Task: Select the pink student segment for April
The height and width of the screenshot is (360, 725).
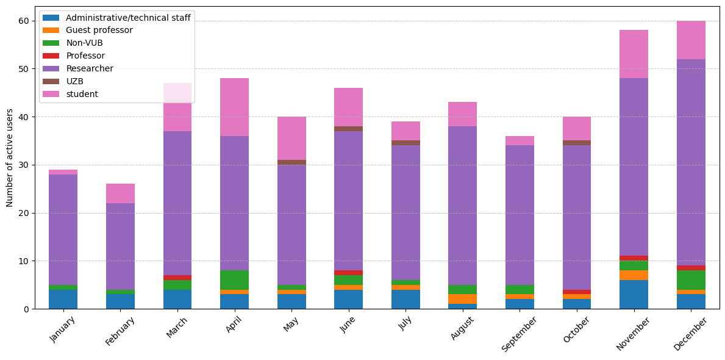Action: tap(234, 107)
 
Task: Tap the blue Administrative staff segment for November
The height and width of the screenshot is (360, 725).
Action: tap(634, 295)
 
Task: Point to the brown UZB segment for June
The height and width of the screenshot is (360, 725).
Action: tap(348, 129)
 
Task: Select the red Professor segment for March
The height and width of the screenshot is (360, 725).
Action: tap(177, 278)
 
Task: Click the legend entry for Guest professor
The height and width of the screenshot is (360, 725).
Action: tap(98, 31)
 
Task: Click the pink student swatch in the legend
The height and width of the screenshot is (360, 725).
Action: tap(51, 94)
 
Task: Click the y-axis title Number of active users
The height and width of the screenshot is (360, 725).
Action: tap(10, 157)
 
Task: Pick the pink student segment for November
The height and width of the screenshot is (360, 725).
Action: tap(634, 54)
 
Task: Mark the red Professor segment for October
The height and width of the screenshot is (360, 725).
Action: tap(576, 292)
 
